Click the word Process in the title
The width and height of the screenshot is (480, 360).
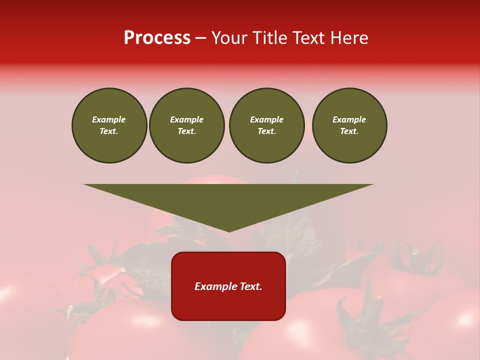pyautogui.click(x=157, y=38)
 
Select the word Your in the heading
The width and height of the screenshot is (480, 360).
pyautogui.click(x=229, y=38)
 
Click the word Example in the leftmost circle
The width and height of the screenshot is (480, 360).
pyautogui.click(x=109, y=119)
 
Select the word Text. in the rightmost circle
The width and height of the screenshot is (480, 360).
pyautogui.click(x=349, y=131)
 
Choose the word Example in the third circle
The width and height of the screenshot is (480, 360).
pyautogui.click(x=267, y=119)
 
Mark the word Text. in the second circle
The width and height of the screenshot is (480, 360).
pyautogui.click(x=187, y=131)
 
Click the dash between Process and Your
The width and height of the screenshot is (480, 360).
pyautogui.click(x=200, y=38)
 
